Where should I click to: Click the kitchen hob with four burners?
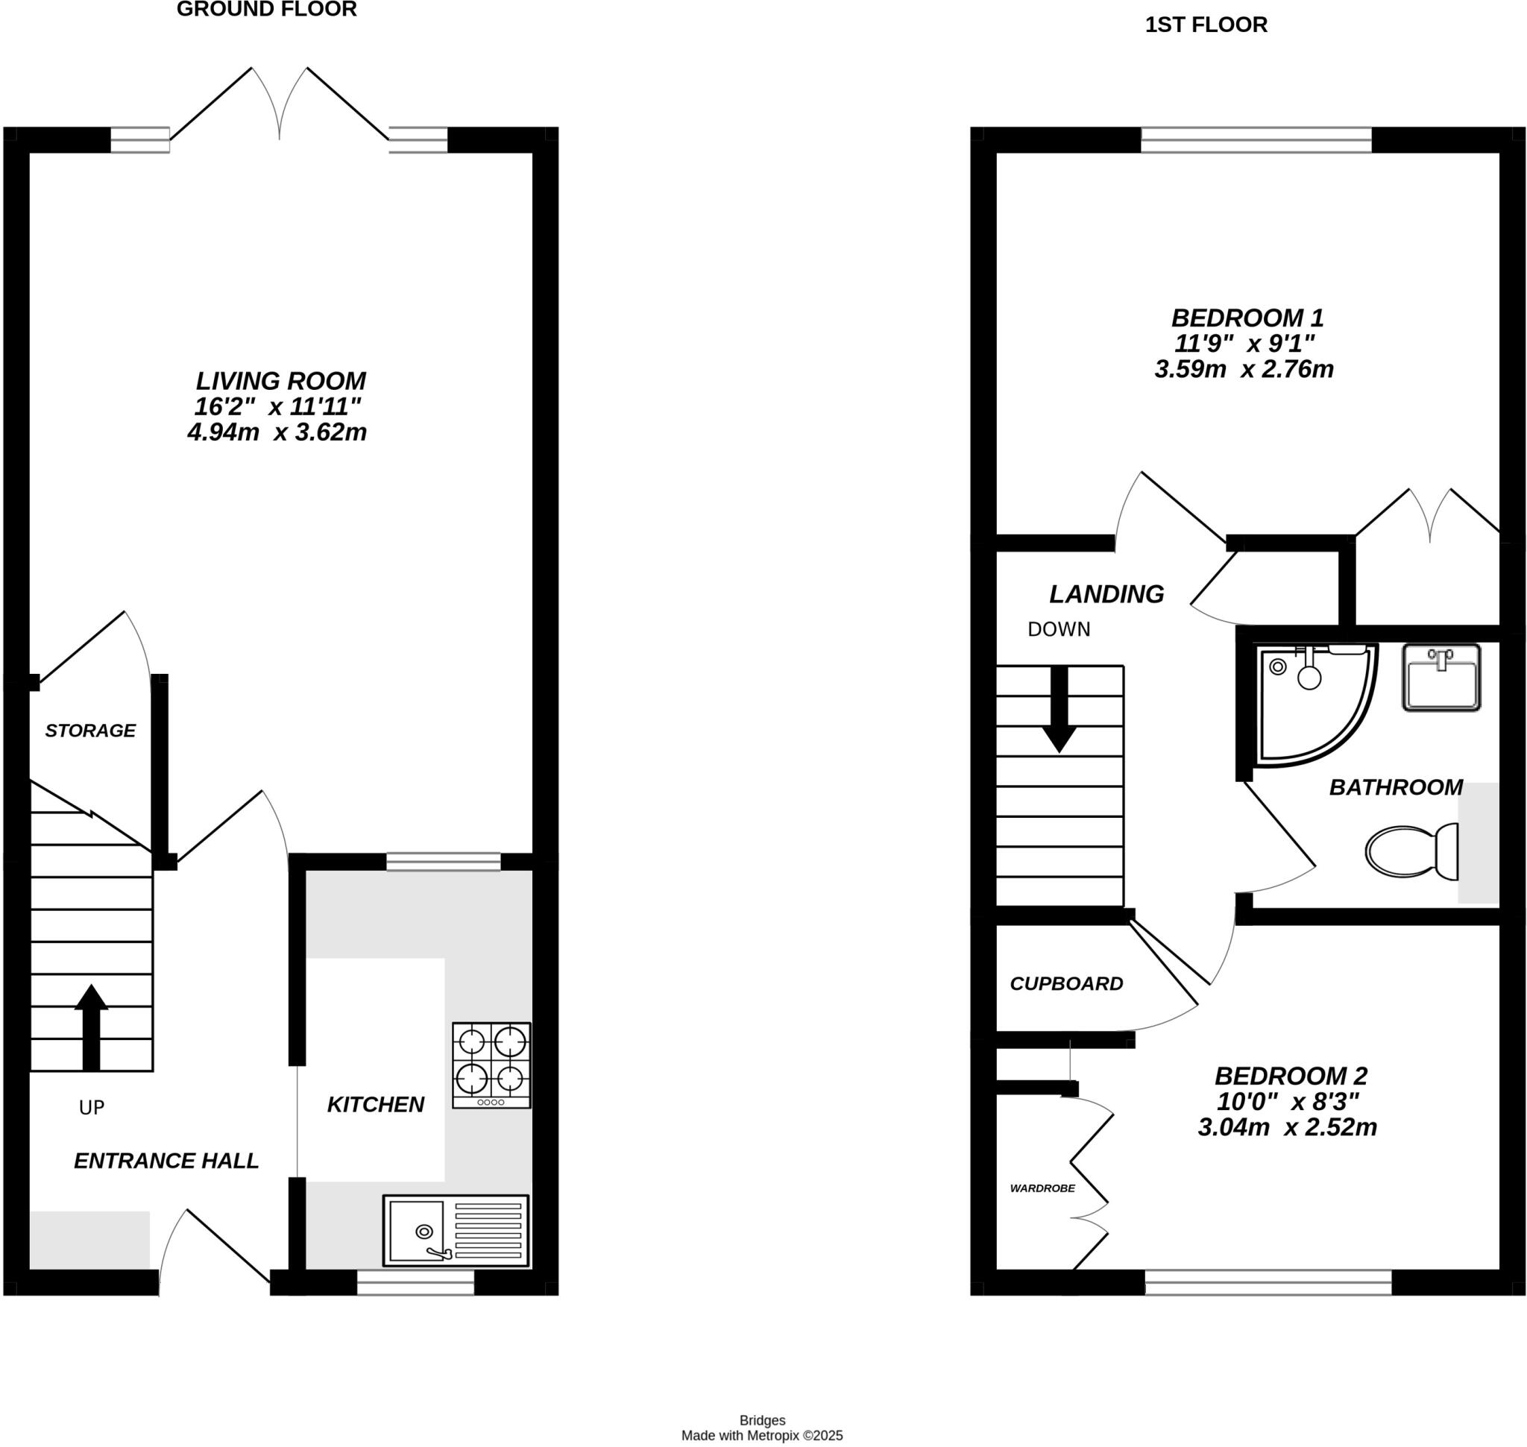[x=491, y=1065]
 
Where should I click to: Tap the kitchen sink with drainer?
[x=456, y=1231]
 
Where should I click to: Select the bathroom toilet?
[x=1411, y=851]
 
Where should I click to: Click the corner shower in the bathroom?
[x=1312, y=703]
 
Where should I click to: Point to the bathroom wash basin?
[x=1441, y=677]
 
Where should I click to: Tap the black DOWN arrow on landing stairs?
[x=1060, y=708]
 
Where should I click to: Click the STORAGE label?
[x=90, y=731]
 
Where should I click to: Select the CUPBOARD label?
[x=1066, y=983]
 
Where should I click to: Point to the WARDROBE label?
[x=1042, y=1188]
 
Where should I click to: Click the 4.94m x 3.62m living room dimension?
[x=277, y=432]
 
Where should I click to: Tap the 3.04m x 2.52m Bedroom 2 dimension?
[x=1287, y=1128]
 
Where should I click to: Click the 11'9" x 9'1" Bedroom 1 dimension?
[x=1244, y=343]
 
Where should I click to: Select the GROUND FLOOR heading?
[x=266, y=10]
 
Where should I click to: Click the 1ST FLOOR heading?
[x=1205, y=25]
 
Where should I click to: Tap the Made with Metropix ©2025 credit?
[x=761, y=1435]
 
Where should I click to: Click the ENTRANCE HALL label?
[x=166, y=1161]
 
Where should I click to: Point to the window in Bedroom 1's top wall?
[x=1256, y=139]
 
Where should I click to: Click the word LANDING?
[x=1106, y=594]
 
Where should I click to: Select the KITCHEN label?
[x=375, y=1105]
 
